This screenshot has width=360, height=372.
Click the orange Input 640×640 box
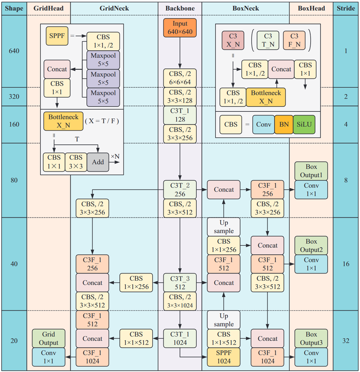pyautogui.click(x=180, y=28)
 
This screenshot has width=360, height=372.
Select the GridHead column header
pyautogui.click(x=48, y=8)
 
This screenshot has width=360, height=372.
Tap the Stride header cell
pyautogui.click(x=346, y=8)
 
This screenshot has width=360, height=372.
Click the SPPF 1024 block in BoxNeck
pyautogui.click(x=224, y=357)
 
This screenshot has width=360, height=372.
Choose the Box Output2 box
pyautogui.click(x=311, y=245)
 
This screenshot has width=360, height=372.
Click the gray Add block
pyautogui.click(x=98, y=162)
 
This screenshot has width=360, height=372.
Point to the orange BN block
pyautogui.click(x=283, y=124)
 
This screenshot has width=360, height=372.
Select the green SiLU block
pyautogui.click(x=304, y=124)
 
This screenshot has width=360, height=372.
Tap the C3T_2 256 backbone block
pyautogui.click(x=180, y=190)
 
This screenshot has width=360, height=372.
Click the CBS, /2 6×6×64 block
pyautogui.click(x=180, y=78)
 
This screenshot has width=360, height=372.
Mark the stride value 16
pyautogui.click(x=346, y=264)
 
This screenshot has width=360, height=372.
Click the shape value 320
pyautogui.click(x=14, y=97)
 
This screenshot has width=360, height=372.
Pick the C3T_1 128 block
pyautogui.click(x=180, y=115)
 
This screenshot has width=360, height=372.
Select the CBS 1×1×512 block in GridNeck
pyautogui.click(x=136, y=338)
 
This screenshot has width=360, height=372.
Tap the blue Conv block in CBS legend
pyautogui.click(x=263, y=124)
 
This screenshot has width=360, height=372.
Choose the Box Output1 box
pyautogui.click(x=311, y=171)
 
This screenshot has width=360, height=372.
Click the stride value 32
pyautogui.click(x=346, y=341)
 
